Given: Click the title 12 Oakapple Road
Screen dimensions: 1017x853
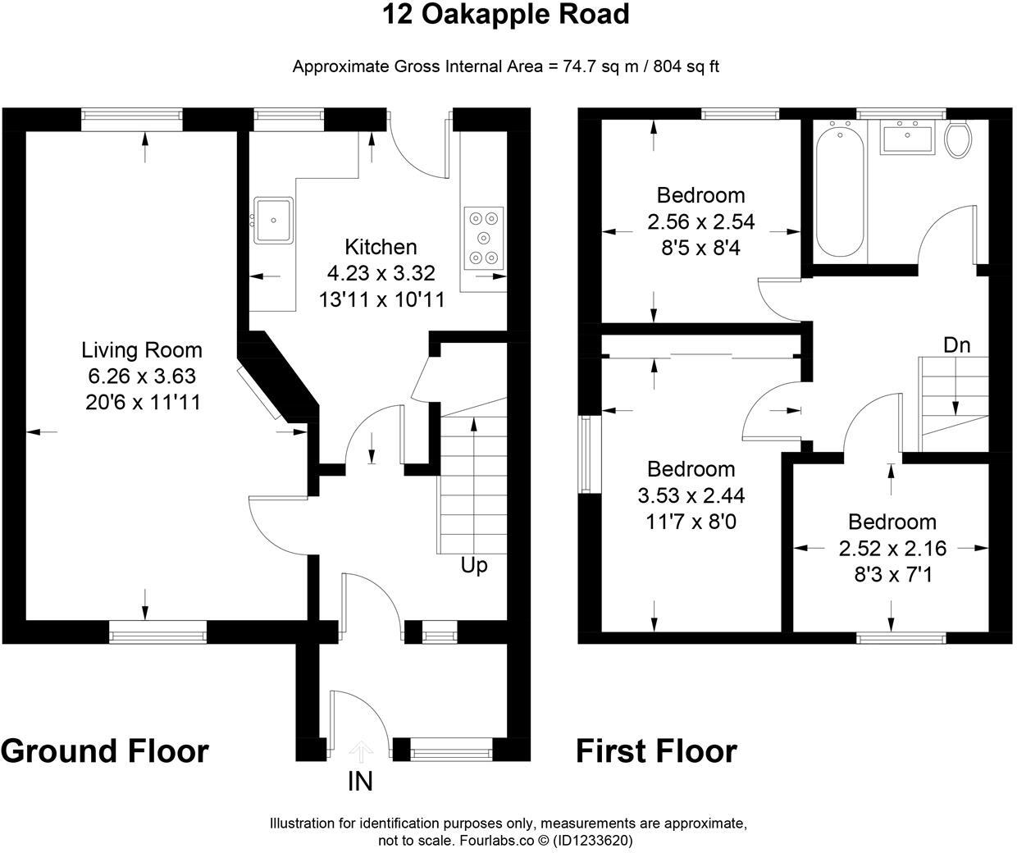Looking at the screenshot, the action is [x=506, y=15].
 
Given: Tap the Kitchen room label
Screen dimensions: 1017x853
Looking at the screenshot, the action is [x=381, y=247].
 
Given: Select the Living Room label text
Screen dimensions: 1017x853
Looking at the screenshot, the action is [x=142, y=350].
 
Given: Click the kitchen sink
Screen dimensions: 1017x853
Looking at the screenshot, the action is [x=273, y=220].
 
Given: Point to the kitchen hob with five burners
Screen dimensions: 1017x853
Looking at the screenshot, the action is [x=483, y=238].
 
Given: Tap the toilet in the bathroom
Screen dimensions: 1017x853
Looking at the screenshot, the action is [x=958, y=139].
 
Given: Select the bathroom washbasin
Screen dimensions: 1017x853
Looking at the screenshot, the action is [x=907, y=136].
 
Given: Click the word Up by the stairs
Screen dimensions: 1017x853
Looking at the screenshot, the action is [x=474, y=565].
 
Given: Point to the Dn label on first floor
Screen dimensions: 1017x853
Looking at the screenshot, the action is [x=956, y=345].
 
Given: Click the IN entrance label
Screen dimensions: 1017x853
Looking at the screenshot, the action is [x=360, y=782].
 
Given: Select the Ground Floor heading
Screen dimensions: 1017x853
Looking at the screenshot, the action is [x=105, y=750].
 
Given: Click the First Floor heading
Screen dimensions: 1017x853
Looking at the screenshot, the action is [x=656, y=750].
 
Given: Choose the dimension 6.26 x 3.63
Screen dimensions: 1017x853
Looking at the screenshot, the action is [x=142, y=376].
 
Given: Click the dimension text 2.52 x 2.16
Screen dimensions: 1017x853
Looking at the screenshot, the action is [x=892, y=548].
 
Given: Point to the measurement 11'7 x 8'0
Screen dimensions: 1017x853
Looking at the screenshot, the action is [x=691, y=522].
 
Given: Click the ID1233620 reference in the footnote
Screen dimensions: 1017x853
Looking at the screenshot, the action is [x=593, y=841].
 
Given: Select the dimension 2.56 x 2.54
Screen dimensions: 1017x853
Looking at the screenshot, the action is [x=701, y=221].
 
